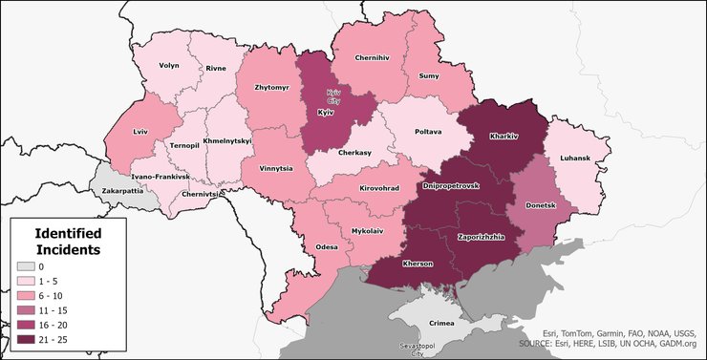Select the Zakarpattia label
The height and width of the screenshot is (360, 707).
tap(122, 191)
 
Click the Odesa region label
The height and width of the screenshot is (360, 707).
tap(327, 246)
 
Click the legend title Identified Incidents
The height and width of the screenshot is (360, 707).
tap(68, 241)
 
